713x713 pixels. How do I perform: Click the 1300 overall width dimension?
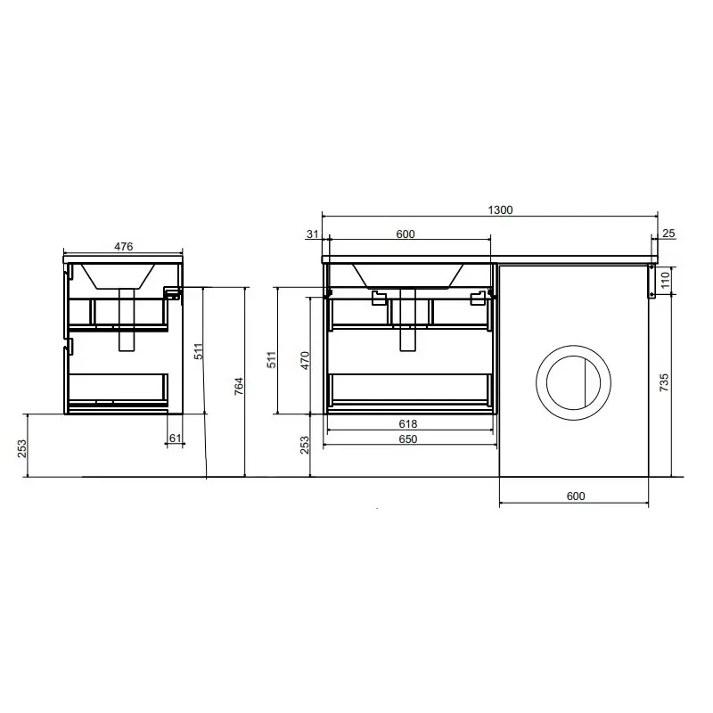pos(500,209)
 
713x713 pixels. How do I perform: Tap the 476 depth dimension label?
pos(123,247)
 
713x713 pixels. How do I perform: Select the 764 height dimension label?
pos(239,386)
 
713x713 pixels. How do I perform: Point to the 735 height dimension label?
pos(664,382)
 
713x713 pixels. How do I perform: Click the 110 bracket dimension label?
pos(665,280)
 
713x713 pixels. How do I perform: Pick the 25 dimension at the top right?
pos(668,234)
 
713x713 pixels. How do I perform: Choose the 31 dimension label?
pos(313,234)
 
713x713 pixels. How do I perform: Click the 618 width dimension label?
pos(408,424)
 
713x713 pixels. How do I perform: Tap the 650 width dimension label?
pos(408,439)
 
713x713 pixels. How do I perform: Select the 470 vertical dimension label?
pos(305,360)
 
